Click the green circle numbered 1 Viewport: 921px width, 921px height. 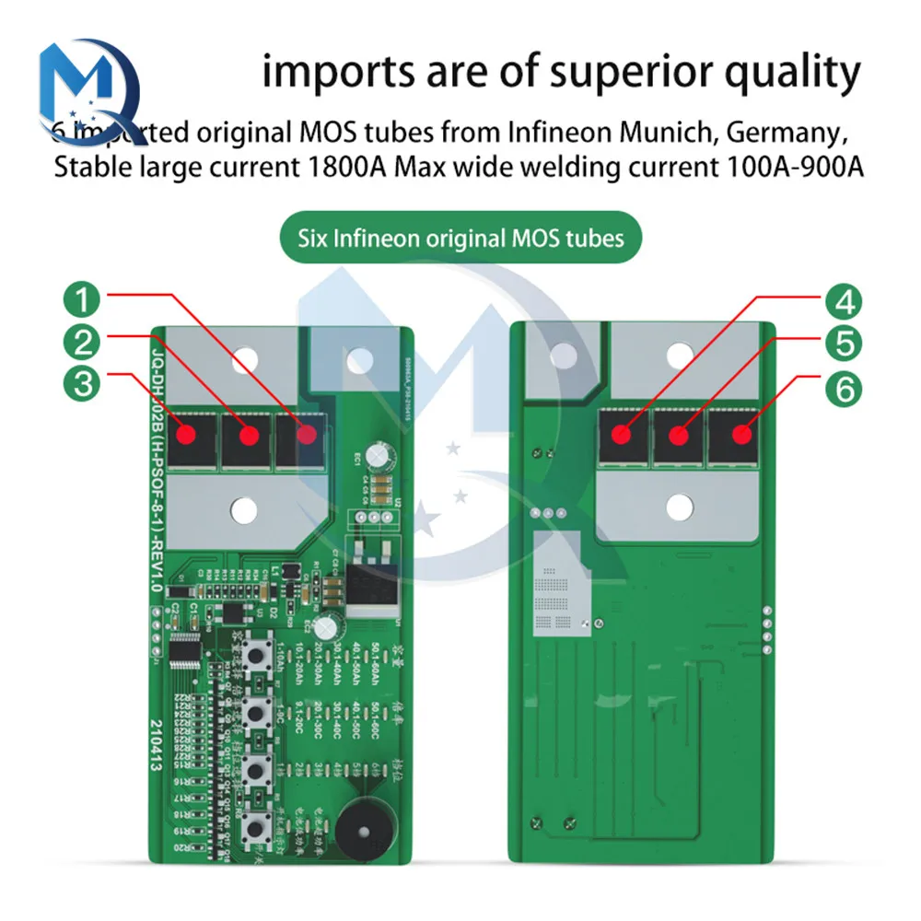[84, 301]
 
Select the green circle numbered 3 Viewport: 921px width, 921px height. [84, 384]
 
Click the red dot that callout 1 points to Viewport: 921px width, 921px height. [307, 432]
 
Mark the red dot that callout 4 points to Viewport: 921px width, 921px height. [625, 432]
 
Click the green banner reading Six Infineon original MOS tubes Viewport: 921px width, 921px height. [460, 239]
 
